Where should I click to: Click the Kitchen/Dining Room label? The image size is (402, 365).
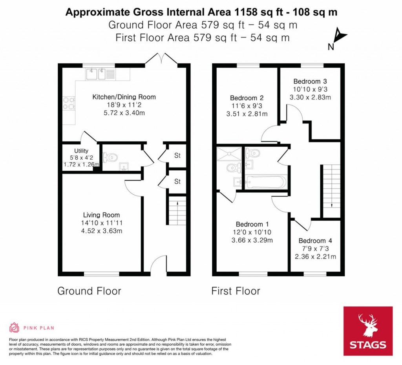click(124, 97)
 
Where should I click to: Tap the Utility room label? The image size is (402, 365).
click(81, 151)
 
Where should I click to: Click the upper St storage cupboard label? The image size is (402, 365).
click(177, 155)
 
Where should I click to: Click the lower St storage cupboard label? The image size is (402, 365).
click(177, 181)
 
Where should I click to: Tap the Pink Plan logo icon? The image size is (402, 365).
click(14, 328)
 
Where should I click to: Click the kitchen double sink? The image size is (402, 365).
click(97, 73)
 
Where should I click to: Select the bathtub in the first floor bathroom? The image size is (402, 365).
click(266, 182)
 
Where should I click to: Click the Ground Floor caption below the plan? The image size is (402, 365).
click(89, 291)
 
